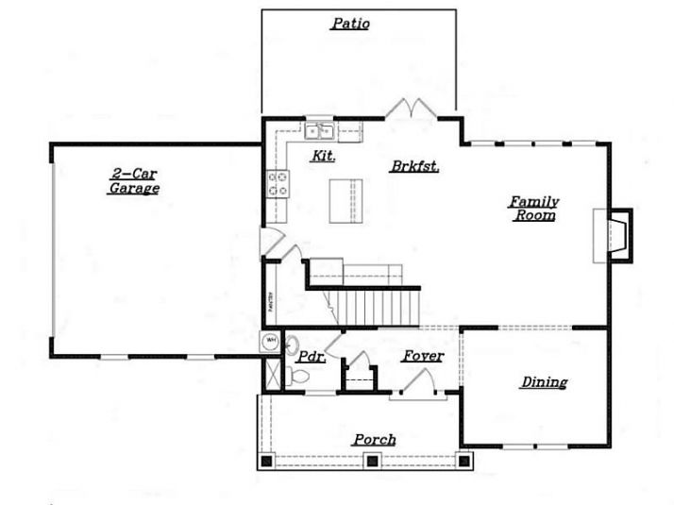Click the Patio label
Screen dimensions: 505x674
tap(349, 25)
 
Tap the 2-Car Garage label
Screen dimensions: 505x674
tap(132, 181)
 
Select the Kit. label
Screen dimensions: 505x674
tap(324, 156)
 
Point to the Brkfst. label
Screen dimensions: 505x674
tap(416, 165)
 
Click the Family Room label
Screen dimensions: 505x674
tap(534, 209)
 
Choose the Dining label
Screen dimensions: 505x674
tap(545, 382)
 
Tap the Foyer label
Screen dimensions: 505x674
tap(423, 356)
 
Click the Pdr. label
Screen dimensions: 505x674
tap(311, 358)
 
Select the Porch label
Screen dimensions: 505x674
tap(375, 440)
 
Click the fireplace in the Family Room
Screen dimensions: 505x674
tap(614, 233)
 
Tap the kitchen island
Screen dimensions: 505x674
tap(345, 199)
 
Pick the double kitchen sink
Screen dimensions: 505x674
tap(320, 132)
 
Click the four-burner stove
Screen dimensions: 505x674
tap(278, 182)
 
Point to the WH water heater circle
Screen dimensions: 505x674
tap(270, 341)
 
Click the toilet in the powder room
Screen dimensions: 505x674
tap(299, 377)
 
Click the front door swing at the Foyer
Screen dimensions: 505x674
tap(415, 381)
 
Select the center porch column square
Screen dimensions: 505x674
tap(373, 462)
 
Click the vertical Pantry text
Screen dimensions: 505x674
tap(269, 303)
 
